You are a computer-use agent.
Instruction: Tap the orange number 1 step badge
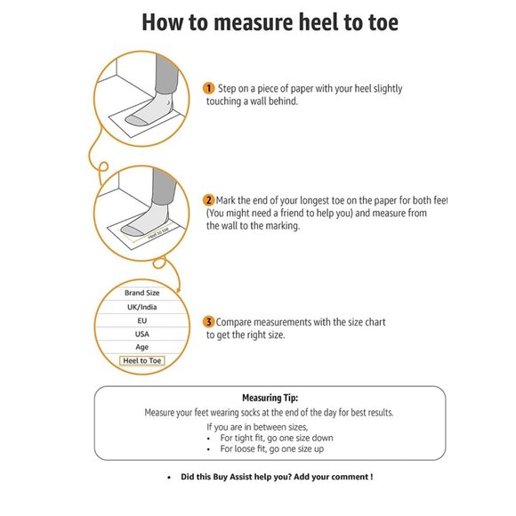[x=209, y=88]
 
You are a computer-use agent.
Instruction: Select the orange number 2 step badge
[x=209, y=200]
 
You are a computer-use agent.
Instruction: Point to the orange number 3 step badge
[x=209, y=321]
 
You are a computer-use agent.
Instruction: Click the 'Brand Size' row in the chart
[x=141, y=293]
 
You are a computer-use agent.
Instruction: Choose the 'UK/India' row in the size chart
[x=141, y=306]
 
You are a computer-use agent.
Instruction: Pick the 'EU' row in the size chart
[x=141, y=319]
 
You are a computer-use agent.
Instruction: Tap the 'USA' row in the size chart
[x=141, y=333]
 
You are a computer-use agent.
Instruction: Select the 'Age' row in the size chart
[x=141, y=347]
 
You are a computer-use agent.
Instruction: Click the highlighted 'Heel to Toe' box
[x=141, y=361]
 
